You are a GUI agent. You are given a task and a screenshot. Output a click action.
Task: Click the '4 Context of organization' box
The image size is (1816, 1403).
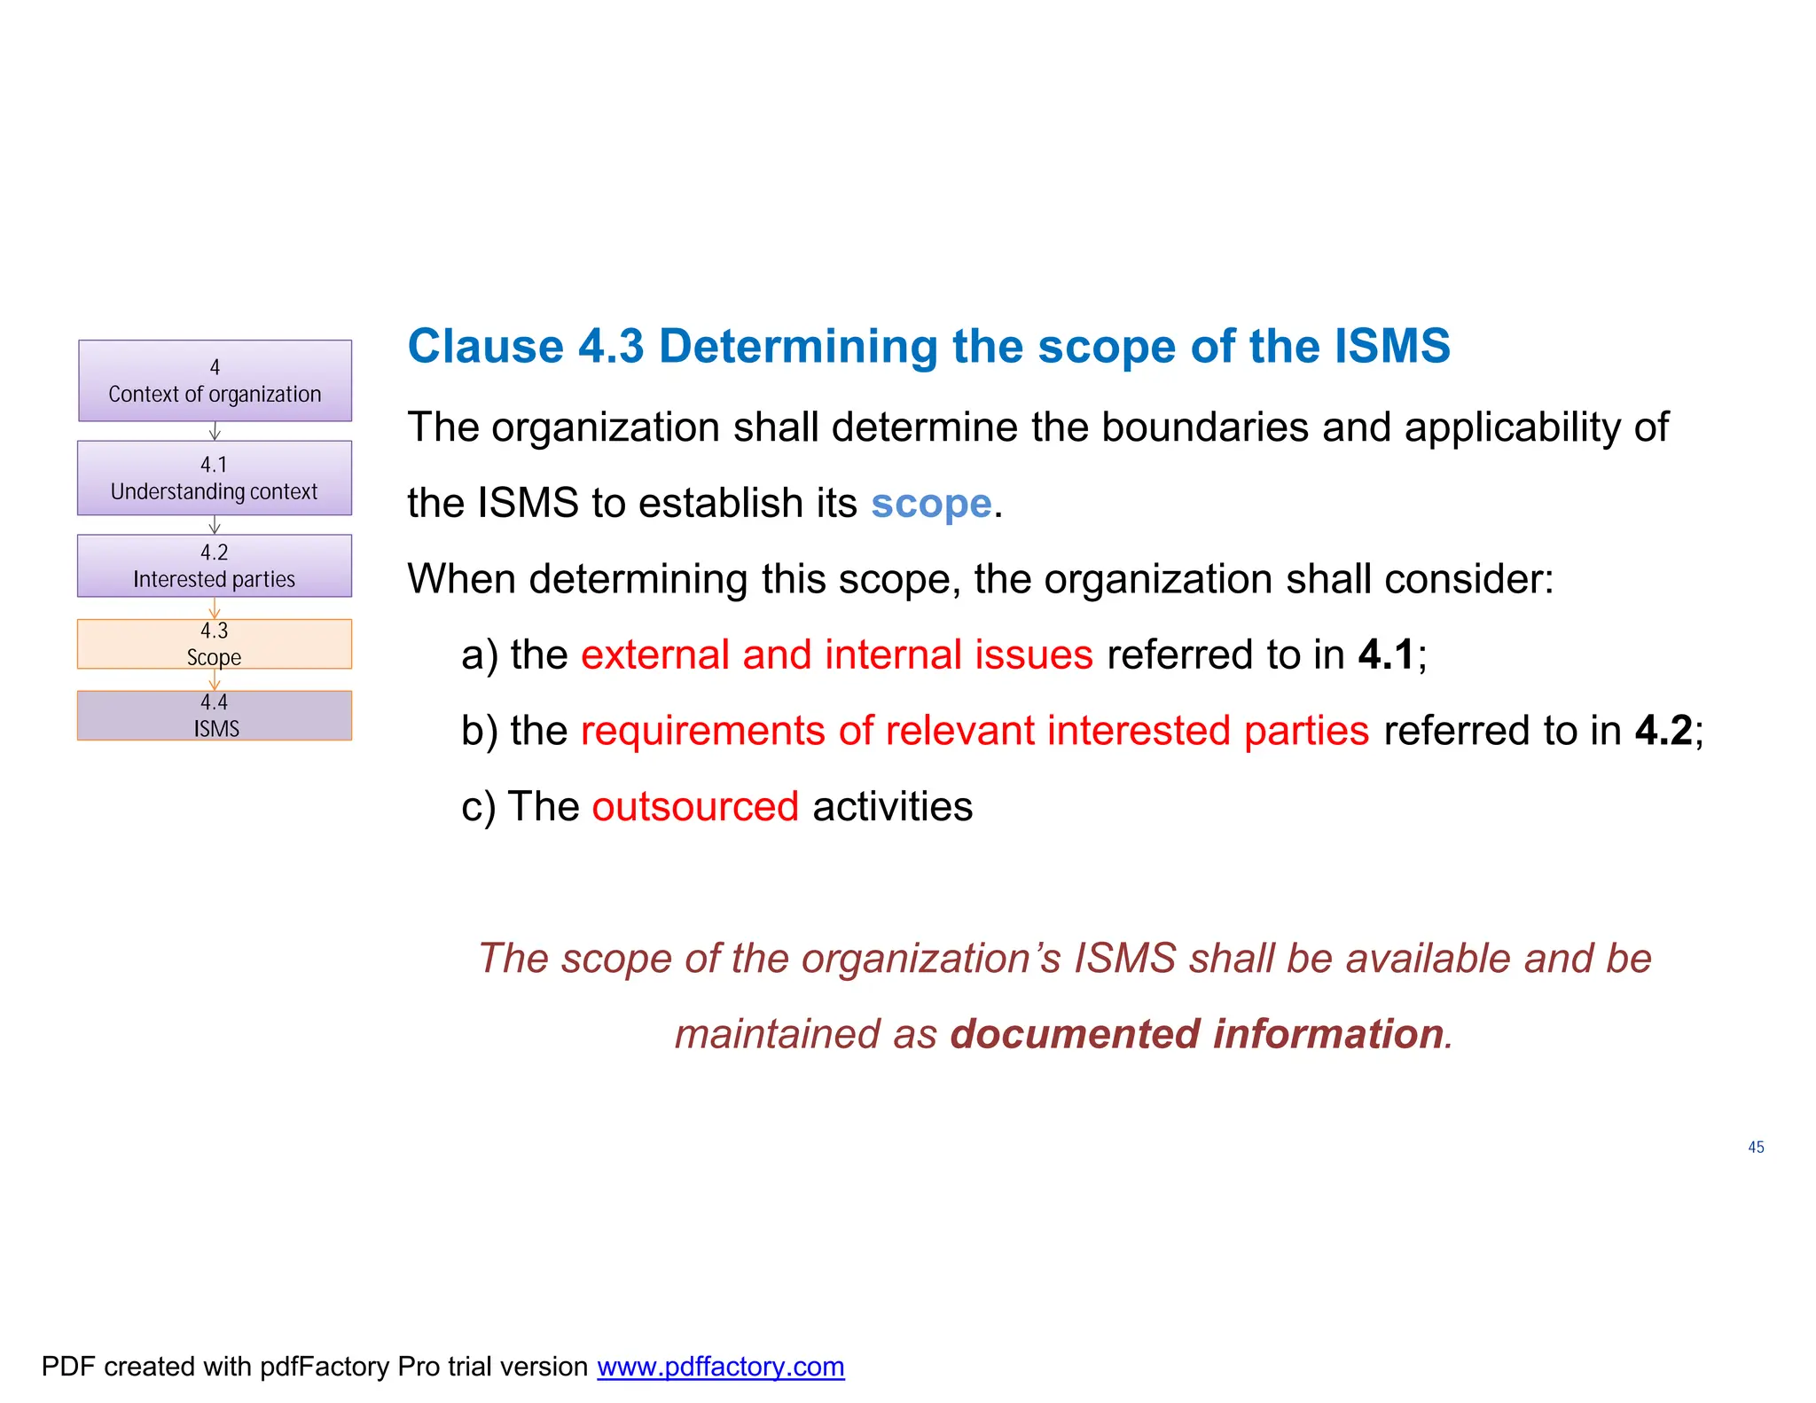(x=215, y=380)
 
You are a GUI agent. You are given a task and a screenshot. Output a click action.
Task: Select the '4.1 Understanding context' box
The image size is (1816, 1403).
(x=215, y=478)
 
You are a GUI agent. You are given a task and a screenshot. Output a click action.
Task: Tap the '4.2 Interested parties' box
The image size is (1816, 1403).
(x=215, y=566)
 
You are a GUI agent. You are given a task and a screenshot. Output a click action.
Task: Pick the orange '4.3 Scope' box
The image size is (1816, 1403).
(x=215, y=644)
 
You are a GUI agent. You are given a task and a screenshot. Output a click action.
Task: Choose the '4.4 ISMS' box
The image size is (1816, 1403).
(x=215, y=716)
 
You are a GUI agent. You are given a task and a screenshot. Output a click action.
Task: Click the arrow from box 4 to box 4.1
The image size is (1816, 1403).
(x=215, y=431)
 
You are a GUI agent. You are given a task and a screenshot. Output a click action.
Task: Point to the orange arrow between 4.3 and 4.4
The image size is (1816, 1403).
(x=215, y=680)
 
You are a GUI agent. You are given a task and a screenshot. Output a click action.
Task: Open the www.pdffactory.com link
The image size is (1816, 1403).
(x=720, y=1367)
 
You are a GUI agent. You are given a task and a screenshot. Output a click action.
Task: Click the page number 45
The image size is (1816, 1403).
(x=1756, y=1148)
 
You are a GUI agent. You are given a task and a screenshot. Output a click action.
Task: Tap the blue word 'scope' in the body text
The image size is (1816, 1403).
(x=931, y=504)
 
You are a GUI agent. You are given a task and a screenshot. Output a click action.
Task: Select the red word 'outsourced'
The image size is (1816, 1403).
(x=695, y=807)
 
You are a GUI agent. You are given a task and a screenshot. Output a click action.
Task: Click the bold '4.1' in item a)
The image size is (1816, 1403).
(x=1387, y=655)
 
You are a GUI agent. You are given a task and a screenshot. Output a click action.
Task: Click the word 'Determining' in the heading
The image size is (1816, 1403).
(x=798, y=346)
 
